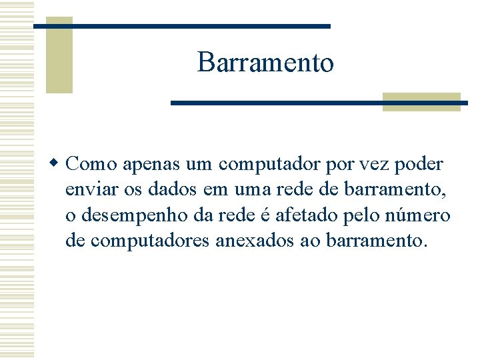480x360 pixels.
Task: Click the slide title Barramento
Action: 265,63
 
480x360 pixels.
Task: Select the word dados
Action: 172,191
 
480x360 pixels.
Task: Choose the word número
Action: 422,216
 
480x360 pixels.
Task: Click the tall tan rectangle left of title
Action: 59,55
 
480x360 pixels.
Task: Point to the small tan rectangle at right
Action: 421,101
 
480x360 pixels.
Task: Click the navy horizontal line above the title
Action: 181,26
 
